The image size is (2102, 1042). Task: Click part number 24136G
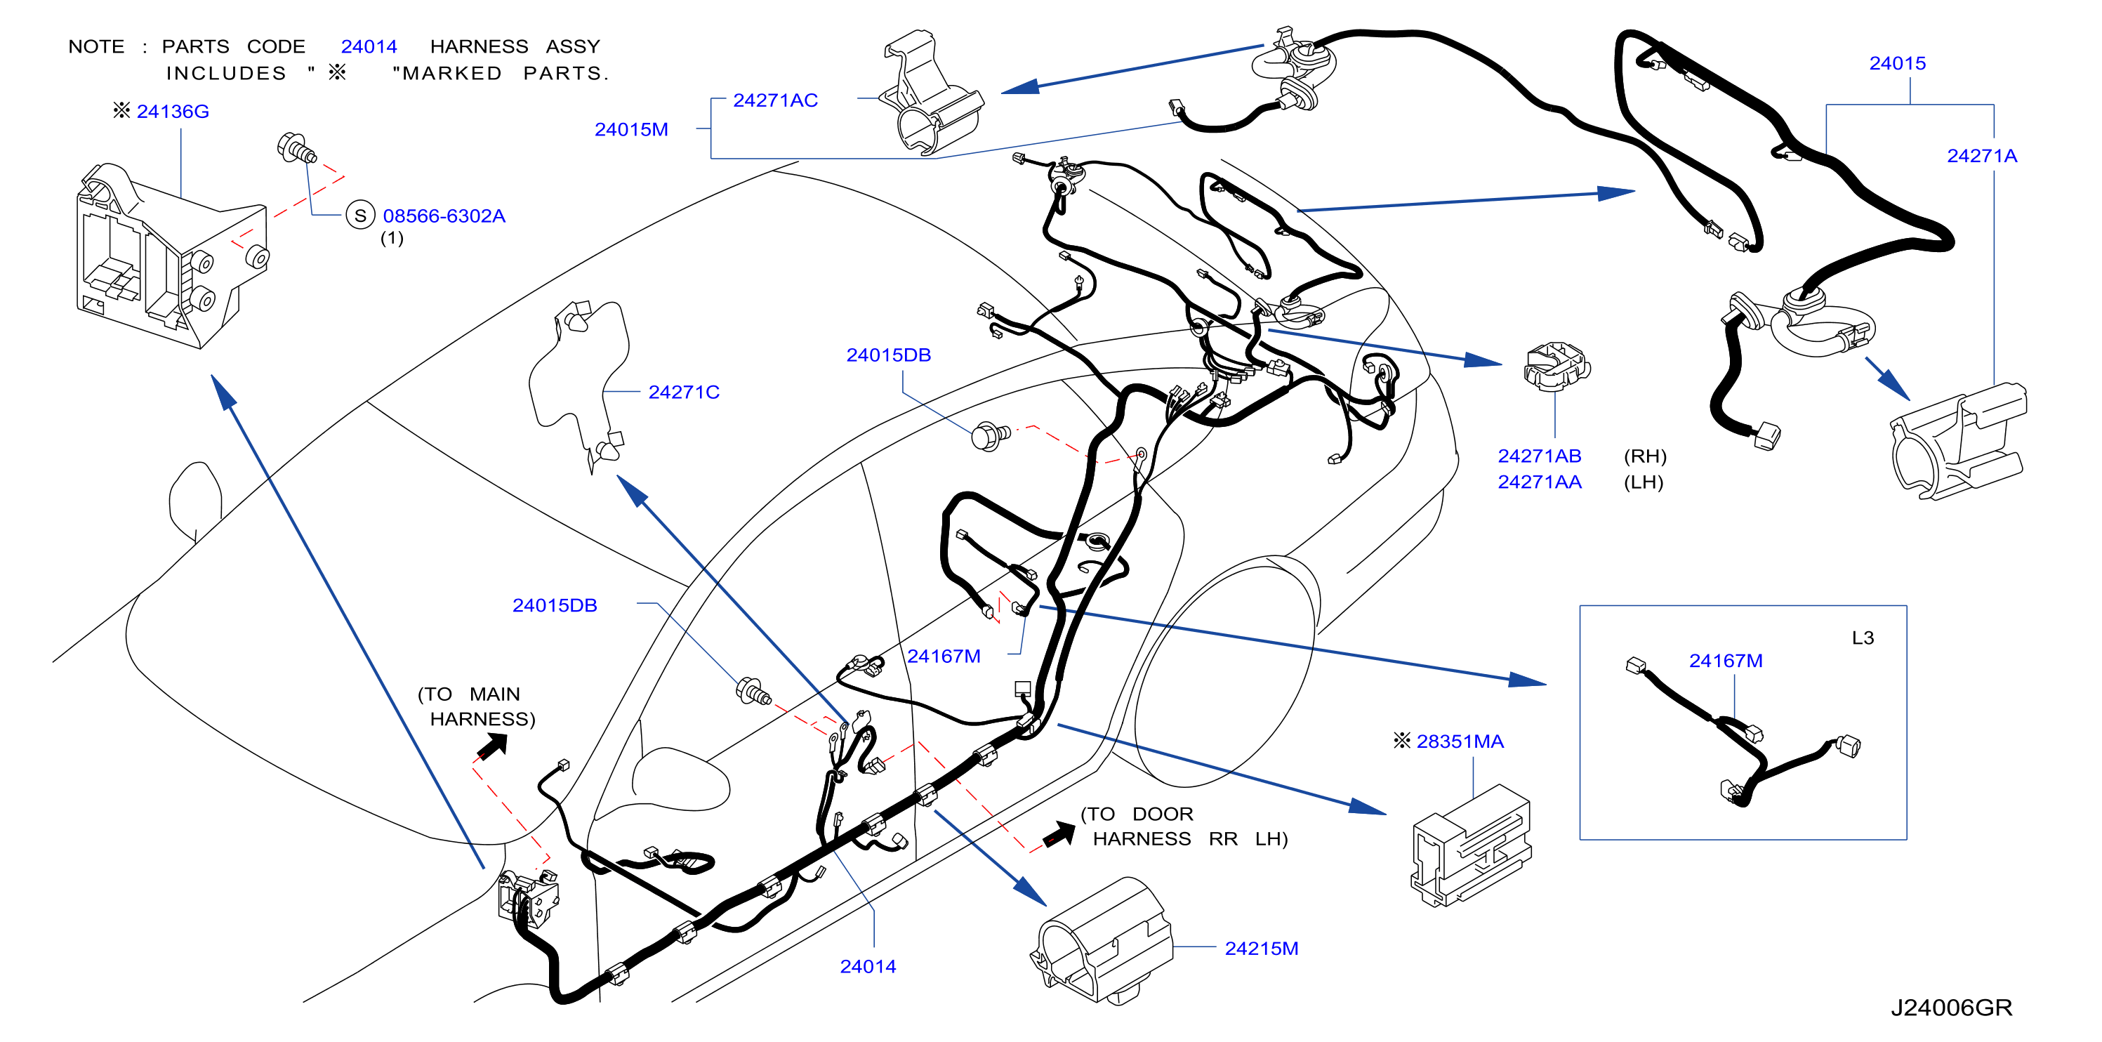(x=172, y=111)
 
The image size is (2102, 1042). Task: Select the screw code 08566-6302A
(x=444, y=216)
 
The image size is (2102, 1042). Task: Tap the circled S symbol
(x=360, y=216)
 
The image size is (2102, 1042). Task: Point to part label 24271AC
(x=775, y=100)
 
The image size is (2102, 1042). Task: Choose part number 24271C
(x=684, y=392)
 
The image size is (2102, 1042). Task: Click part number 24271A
(x=1981, y=155)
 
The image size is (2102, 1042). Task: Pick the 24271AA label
(x=1539, y=482)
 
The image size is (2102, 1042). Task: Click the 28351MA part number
(x=1459, y=741)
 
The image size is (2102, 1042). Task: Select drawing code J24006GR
(x=1951, y=1008)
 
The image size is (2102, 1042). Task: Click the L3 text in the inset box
(x=1863, y=638)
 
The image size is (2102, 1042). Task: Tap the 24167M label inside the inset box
(x=1725, y=660)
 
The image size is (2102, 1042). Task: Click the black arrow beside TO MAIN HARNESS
(x=493, y=746)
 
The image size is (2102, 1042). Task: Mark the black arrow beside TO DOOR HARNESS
(x=1059, y=834)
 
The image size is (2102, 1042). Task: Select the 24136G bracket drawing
(x=173, y=256)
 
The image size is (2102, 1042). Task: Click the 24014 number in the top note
(x=369, y=46)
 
